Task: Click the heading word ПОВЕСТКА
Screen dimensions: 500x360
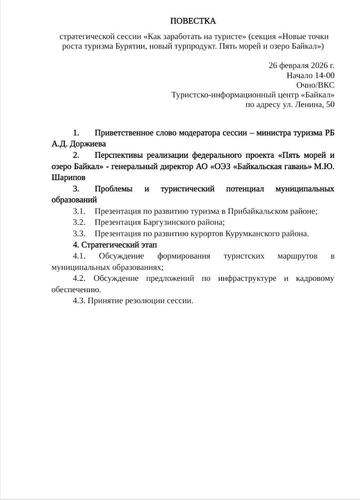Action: [193, 21]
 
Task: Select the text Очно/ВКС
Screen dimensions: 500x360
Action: [315, 85]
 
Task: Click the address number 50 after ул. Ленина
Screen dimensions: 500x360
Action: [330, 104]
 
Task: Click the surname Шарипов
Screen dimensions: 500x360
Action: [68, 177]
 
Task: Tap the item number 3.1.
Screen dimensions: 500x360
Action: [79, 211]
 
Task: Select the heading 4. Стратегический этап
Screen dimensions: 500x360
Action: [115, 245]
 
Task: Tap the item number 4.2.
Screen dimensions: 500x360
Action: [79, 279]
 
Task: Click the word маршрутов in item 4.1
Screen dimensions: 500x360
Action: [297, 256]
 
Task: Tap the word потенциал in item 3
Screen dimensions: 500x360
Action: [245, 189]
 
